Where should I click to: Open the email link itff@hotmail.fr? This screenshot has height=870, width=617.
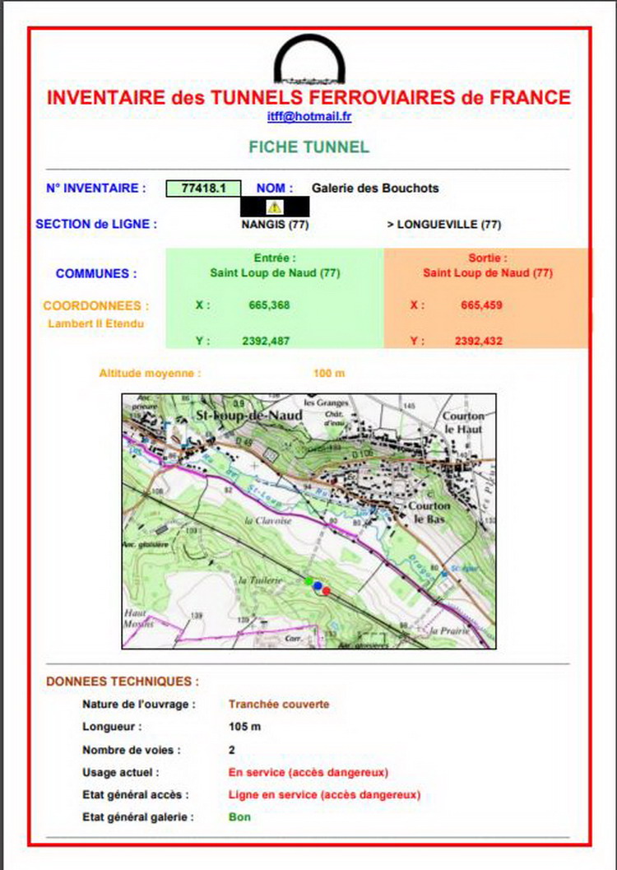(308, 117)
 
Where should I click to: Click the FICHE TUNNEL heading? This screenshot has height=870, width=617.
(308, 147)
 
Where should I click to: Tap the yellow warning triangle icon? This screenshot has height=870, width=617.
(275, 207)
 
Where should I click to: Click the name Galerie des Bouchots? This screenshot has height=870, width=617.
(375, 188)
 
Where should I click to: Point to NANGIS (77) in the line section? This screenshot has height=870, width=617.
(275, 224)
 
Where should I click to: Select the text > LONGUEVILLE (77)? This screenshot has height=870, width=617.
(443, 224)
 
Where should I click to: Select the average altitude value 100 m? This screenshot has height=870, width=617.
(329, 374)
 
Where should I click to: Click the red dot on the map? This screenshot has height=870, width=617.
(327, 590)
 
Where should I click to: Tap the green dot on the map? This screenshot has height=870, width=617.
(308, 581)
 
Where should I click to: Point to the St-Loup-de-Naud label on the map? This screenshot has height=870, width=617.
(248, 416)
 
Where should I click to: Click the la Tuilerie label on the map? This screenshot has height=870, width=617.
(260, 580)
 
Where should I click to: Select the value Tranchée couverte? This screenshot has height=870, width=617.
(279, 705)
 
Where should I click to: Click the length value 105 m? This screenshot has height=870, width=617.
(244, 728)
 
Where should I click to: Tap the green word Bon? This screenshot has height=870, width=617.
(239, 817)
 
